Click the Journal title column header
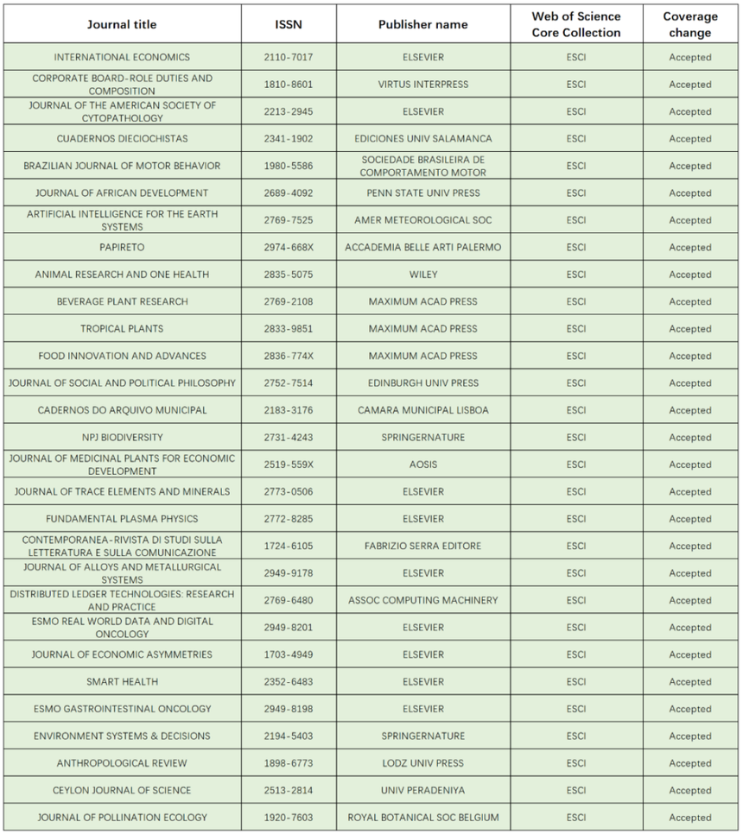(121, 24)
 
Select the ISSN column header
(289, 24)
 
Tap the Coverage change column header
(690, 24)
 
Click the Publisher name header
(422, 24)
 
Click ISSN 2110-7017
(289, 57)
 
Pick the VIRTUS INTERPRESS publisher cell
(422, 85)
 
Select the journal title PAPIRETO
(121, 247)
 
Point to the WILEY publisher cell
(422, 275)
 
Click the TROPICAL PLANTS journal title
(121, 329)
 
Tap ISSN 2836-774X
(289, 356)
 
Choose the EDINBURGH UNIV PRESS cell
(422, 383)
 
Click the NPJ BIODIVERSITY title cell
(121, 438)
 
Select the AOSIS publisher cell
(422, 464)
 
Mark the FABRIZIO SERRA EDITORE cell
(422, 546)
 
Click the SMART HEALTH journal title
(121, 681)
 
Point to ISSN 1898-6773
(289, 763)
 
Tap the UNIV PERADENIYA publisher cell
(422, 790)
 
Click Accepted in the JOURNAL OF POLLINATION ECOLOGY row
(690, 818)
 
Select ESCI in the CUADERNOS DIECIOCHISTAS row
(575, 139)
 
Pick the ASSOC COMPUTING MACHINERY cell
(422, 600)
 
